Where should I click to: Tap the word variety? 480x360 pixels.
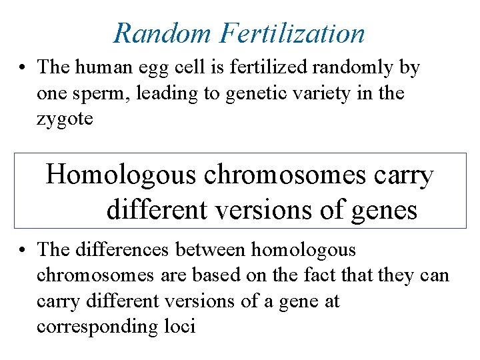click(323, 93)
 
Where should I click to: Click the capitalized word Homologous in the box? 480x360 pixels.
click(121, 175)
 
